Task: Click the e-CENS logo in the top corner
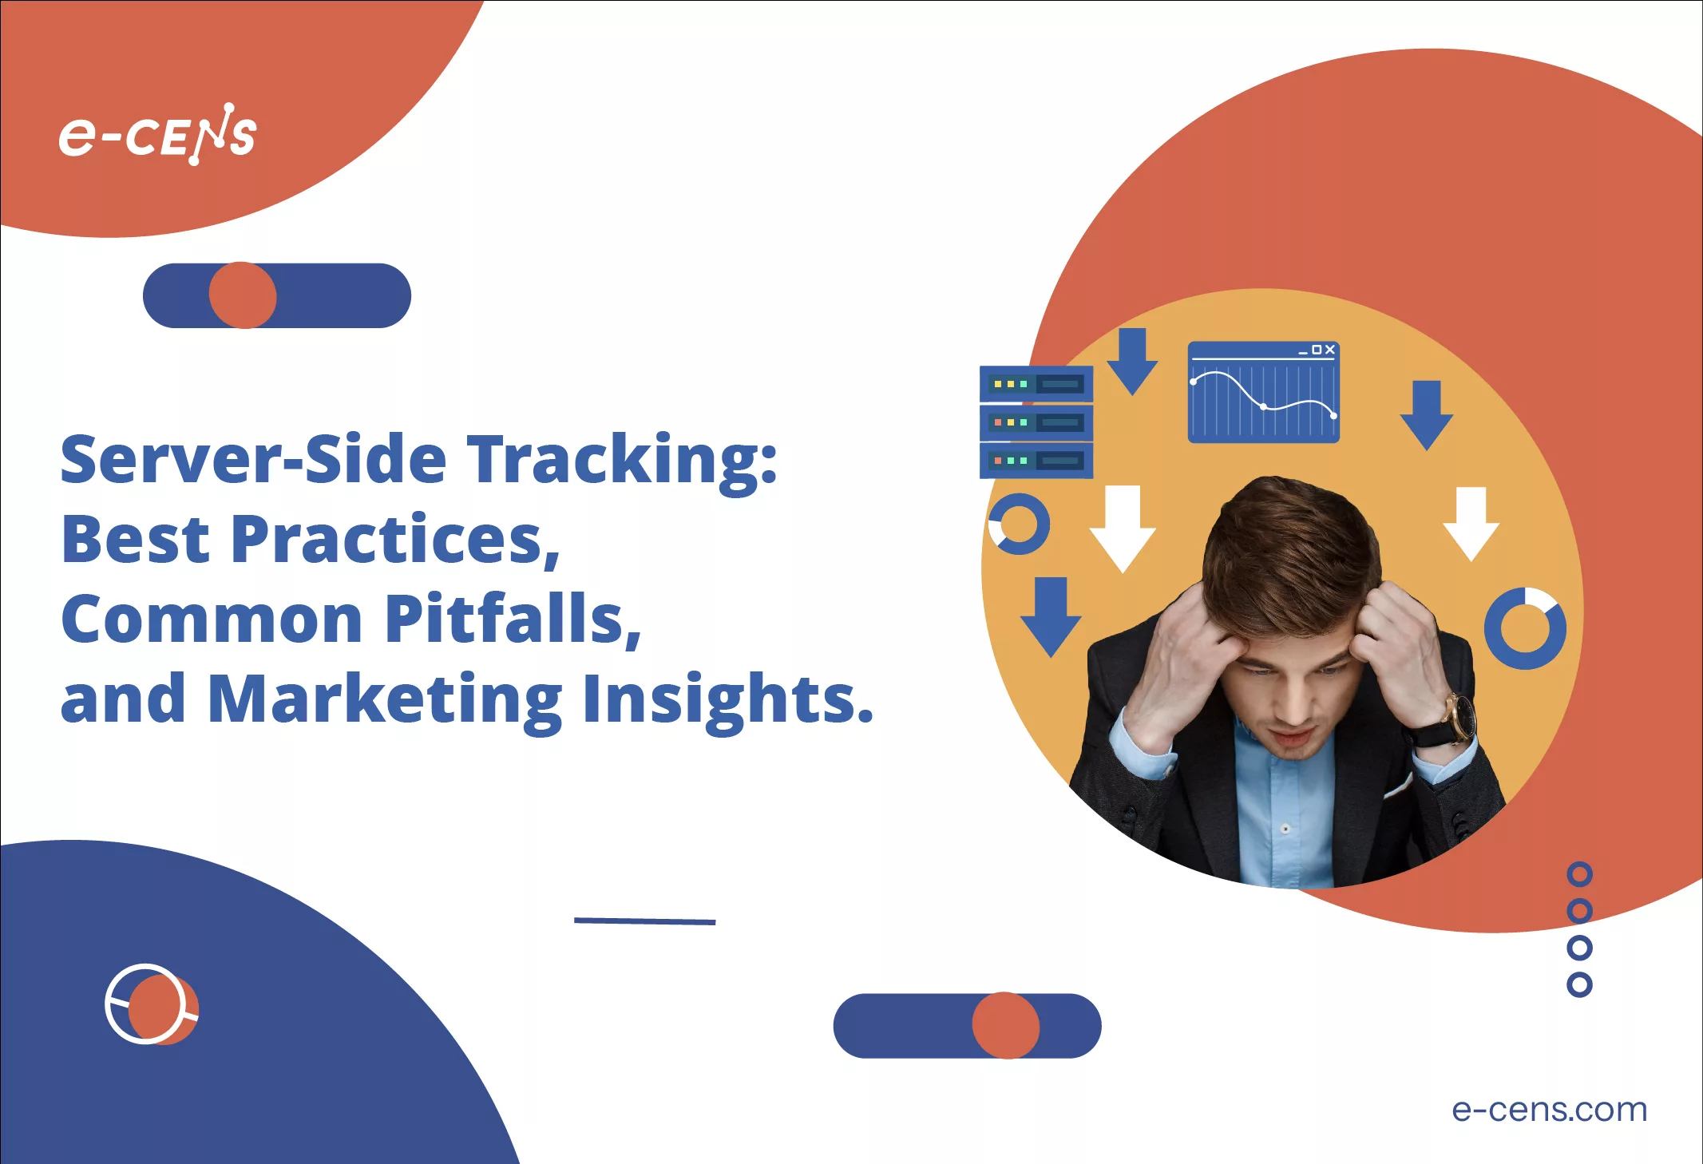point(157,134)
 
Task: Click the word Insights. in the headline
point(728,700)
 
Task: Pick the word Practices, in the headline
point(395,540)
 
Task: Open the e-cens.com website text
point(1549,1110)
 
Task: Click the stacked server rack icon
point(1036,422)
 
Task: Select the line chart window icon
point(1264,392)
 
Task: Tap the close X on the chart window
point(1329,350)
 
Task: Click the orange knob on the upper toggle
point(243,295)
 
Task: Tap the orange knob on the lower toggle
point(1006,1026)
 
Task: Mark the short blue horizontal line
point(645,921)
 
